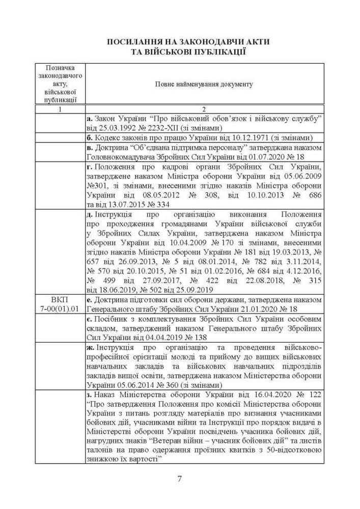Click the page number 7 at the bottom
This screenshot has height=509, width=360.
tap(179, 478)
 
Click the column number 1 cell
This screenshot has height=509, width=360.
tap(61, 109)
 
